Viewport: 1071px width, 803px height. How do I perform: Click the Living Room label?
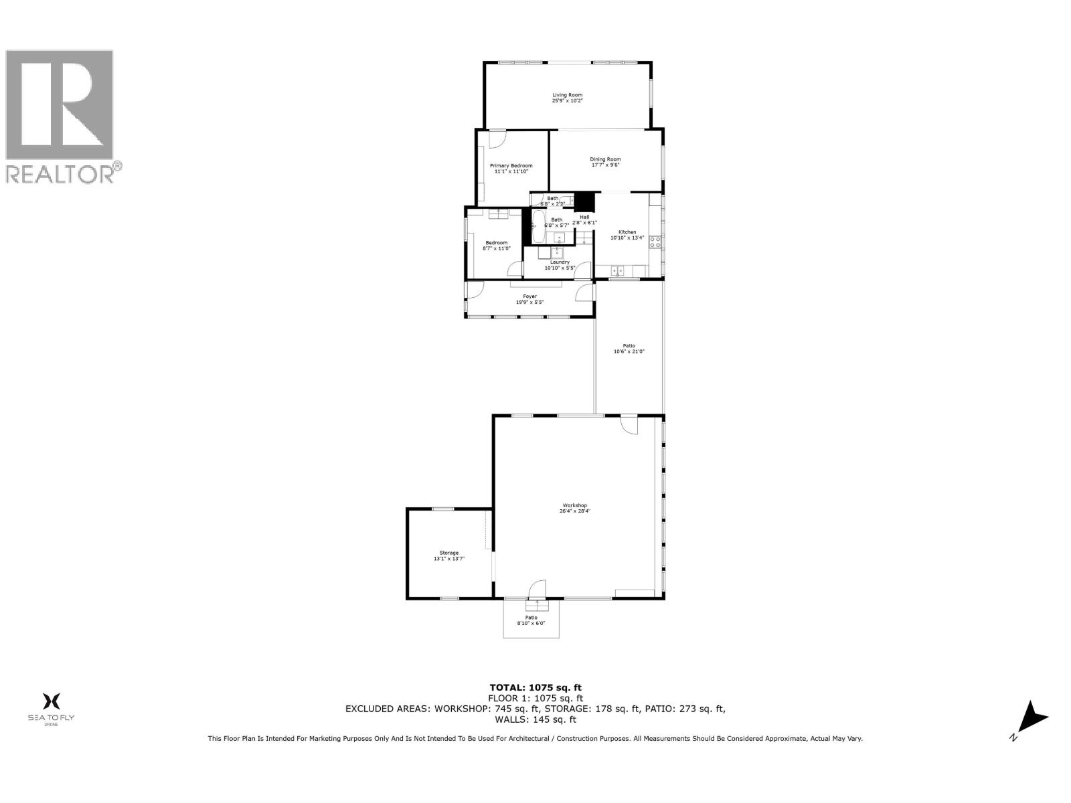pyautogui.click(x=567, y=95)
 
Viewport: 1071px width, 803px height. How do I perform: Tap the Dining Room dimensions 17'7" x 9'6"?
pyautogui.click(x=605, y=165)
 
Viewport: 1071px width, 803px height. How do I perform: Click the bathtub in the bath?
pyautogui.click(x=538, y=227)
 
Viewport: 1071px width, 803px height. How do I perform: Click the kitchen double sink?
pyautogui.click(x=617, y=270)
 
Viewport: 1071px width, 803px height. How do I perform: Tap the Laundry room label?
pyautogui.click(x=560, y=262)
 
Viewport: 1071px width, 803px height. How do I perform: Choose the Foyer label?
pyautogui.click(x=529, y=296)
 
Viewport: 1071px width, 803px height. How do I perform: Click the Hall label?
pyautogui.click(x=584, y=217)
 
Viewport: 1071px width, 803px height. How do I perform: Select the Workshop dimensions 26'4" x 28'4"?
pyautogui.click(x=574, y=511)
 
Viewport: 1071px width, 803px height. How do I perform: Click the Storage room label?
pyautogui.click(x=448, y=553)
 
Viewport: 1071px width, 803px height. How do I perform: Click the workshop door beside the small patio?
pyautogui.click(x=537, y=590)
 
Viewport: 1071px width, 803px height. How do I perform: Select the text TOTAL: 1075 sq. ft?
pyautogui.click(x=535, y=687)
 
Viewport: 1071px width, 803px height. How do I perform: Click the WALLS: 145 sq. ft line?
pyautogui.click(x=535, y=720)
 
